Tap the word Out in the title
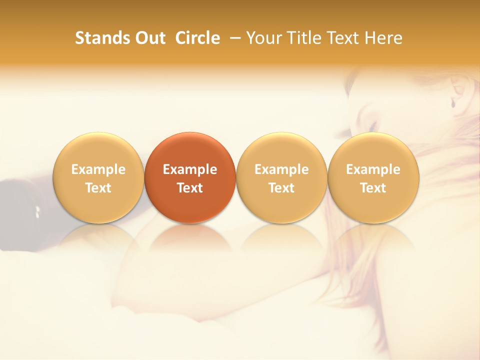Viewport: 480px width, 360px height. pos(149,38)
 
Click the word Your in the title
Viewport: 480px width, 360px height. pos(263,38)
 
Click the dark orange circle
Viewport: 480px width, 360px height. pos(190,177)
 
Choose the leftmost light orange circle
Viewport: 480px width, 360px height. pos(98,177)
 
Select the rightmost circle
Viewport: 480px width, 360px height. pos(373,177)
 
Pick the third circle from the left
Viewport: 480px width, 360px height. pos(281,177)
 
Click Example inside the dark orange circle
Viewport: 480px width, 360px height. pos(190,169)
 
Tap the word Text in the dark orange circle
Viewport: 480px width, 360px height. pos(190,188)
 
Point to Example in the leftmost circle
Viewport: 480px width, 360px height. pos(98,169)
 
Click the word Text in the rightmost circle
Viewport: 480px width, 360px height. pos(373,188)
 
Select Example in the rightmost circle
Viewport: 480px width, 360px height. pos(373,169)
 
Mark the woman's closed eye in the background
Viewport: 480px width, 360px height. pos(372,125)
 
